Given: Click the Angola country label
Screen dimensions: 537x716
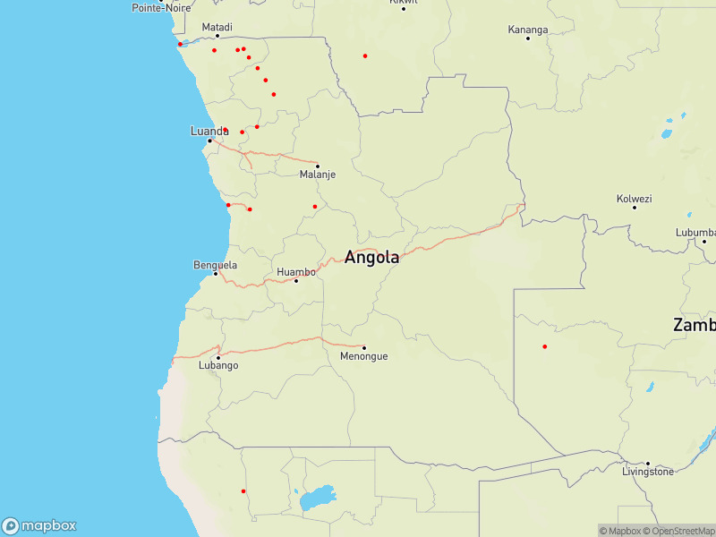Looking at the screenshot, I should click(x=371, y=258).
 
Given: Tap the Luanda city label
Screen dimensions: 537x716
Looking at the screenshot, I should click(x=209, y=131).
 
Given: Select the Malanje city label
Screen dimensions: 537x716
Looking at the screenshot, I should click(x=318, y=175).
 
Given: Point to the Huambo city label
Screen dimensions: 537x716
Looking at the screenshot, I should click(x=296, y=271).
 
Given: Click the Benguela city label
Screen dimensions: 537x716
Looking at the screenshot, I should click(x=216, y=265).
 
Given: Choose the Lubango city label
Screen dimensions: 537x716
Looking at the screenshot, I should click(x=217, y=366).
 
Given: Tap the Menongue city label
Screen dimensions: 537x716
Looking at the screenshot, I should click(x=364, y=356).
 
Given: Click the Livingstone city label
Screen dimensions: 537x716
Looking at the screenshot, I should click(x=648, y=472).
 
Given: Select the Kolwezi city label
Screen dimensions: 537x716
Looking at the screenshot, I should click(x=635, y=198).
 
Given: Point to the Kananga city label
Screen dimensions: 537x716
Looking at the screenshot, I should click(x=528, y=29).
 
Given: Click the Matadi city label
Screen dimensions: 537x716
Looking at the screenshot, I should click(x=217, y=27).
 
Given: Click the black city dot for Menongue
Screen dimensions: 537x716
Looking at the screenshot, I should click(x=364, y=347).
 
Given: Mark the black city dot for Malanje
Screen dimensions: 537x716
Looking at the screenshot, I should click(x=317, y=166).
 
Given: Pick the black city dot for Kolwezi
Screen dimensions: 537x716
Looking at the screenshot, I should click(x=635, y=208).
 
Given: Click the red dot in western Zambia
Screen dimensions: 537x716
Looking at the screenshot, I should click(x=545, y=346).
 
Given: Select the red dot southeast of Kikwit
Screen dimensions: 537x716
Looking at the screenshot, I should click(x=365, y=55).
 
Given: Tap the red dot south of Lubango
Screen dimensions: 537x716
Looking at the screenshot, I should click(x=243, y=490).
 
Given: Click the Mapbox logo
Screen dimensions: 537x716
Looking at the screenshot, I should click(x=39, y=526).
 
